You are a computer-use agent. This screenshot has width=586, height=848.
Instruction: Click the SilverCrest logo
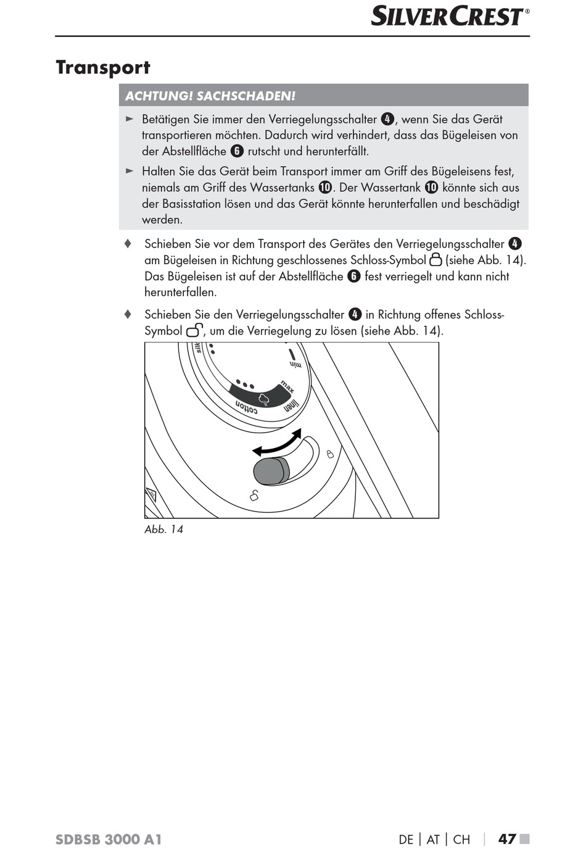coord(450,16)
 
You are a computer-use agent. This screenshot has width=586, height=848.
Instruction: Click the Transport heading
coord(103,67)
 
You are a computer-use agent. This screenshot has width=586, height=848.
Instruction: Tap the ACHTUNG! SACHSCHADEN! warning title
coord(210,96)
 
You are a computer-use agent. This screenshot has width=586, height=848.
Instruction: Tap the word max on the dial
coord(287,387)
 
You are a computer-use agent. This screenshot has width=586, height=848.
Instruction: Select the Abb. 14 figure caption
coord(163,529)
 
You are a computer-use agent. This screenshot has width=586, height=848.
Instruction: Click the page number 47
coord(507,839)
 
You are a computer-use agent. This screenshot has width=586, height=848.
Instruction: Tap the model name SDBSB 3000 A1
coord(109,839)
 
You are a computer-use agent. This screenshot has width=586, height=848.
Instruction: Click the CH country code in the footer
coord(461,839)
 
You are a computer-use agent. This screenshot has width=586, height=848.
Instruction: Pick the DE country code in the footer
coord(406,839)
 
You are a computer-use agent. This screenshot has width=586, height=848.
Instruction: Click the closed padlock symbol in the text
coord(435,259)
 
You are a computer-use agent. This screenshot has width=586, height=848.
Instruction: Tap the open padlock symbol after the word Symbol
coord(194,330)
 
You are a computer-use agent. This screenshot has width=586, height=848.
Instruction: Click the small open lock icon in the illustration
coord(254,495)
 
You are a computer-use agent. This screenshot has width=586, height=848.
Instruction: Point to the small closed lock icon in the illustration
coord(330,454)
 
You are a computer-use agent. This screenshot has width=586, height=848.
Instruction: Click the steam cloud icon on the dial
coord(264,399)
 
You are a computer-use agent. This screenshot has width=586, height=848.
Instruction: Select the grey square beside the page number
coord(525,839)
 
